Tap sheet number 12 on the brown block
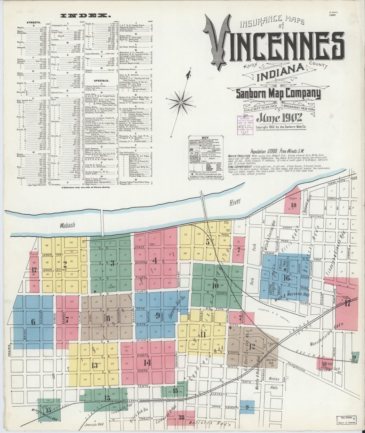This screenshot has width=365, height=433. [x=252, y=347]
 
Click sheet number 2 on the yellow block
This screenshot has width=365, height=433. [x=65, y=263]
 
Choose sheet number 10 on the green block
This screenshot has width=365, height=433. [x=216, y=285]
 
